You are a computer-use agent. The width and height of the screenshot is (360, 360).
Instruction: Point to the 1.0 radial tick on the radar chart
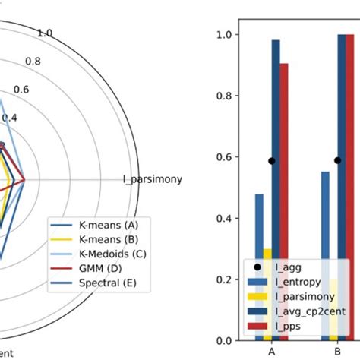pyautogui.click(x=45, y=33)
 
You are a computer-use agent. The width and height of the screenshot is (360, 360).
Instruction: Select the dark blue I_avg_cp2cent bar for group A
pyautogui.click(x=275, y=190)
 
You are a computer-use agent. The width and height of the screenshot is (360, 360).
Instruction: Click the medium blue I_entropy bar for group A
pyautogui.click(x=259, y=267)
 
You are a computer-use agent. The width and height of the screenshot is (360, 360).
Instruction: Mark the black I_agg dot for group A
pyautogui.click(x=271, y=160)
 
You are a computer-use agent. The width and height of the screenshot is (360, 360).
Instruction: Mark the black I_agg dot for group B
pyautogui.click(x=338, y=160)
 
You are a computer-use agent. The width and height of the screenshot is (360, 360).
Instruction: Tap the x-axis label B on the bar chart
pyautogui.click(x=338, y=353)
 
